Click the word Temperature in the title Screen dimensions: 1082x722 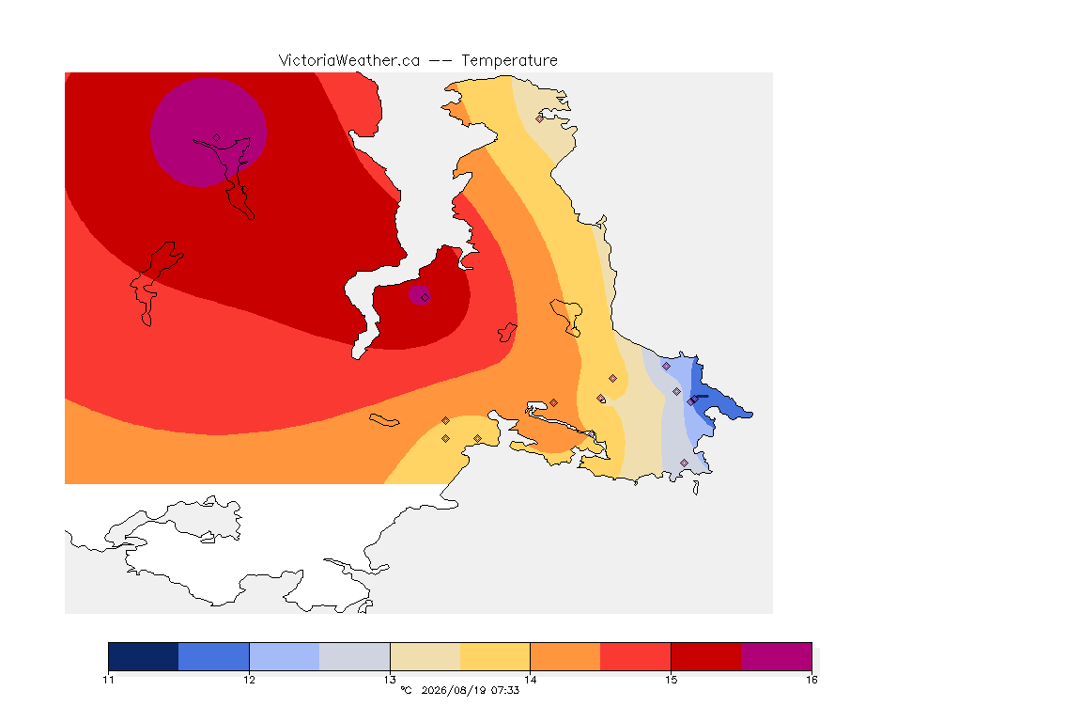[509, 61]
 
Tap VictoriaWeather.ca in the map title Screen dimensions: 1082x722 [349, 61]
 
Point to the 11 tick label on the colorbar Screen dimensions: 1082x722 [108, 680]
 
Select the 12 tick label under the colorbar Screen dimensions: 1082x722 [249, 680]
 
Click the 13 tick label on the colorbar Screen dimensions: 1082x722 [390, 680]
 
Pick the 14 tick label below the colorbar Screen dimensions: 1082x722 [530, 680]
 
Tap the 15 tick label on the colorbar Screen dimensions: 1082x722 [671, 680]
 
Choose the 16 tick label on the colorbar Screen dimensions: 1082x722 [811, 680]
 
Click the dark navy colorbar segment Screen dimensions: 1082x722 [144, 656]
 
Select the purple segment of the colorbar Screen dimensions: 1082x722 [777, 656]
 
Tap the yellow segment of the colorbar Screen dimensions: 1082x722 [495, 656]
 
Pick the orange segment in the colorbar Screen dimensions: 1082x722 [565, 656]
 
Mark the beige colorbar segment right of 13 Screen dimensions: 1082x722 [425, 656]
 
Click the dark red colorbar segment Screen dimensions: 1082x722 [706, 656]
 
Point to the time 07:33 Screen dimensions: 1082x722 [505, 690]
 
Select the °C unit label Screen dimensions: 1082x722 [406, 690]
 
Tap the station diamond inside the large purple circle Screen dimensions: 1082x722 [217, 138]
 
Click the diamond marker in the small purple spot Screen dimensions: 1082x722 [425, 298]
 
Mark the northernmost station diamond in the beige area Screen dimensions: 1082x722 [540, 118]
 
